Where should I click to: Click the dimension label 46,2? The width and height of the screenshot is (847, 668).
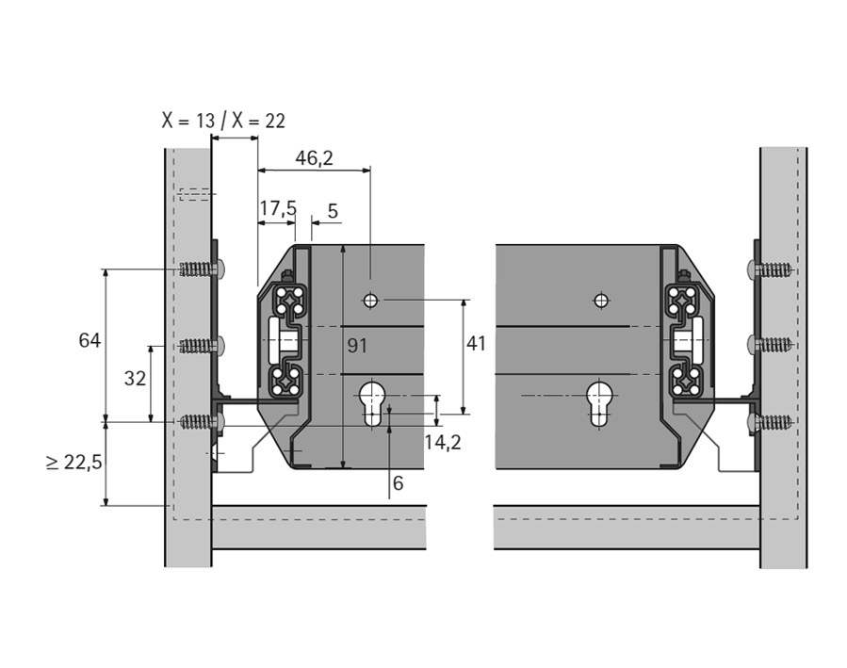click(x=314, y=158)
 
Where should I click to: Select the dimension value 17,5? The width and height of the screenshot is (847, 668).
click(x=278, y=208)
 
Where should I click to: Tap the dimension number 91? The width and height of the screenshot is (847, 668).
click(x=357, y=346)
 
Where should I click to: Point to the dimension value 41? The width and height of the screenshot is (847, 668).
click(x=476, y=344)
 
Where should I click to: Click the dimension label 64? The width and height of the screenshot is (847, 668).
click(x=90, y=340)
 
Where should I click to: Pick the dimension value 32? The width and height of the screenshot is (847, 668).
click(x=135, y=378)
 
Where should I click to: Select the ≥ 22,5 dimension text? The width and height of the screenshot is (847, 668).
click(x=73, y=462)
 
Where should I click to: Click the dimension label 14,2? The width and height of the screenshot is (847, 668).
click(x=442, y=442)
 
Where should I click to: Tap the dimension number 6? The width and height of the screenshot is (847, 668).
click(x=398, y=483)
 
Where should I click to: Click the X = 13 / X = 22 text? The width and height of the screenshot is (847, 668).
click(x=222, y=121)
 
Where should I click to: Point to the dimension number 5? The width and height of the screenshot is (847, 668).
click(x=333, y=208)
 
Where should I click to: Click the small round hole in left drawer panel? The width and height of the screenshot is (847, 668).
click(x=370, y=300)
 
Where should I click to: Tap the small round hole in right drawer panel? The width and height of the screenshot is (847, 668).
click(x=600, y=301)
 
